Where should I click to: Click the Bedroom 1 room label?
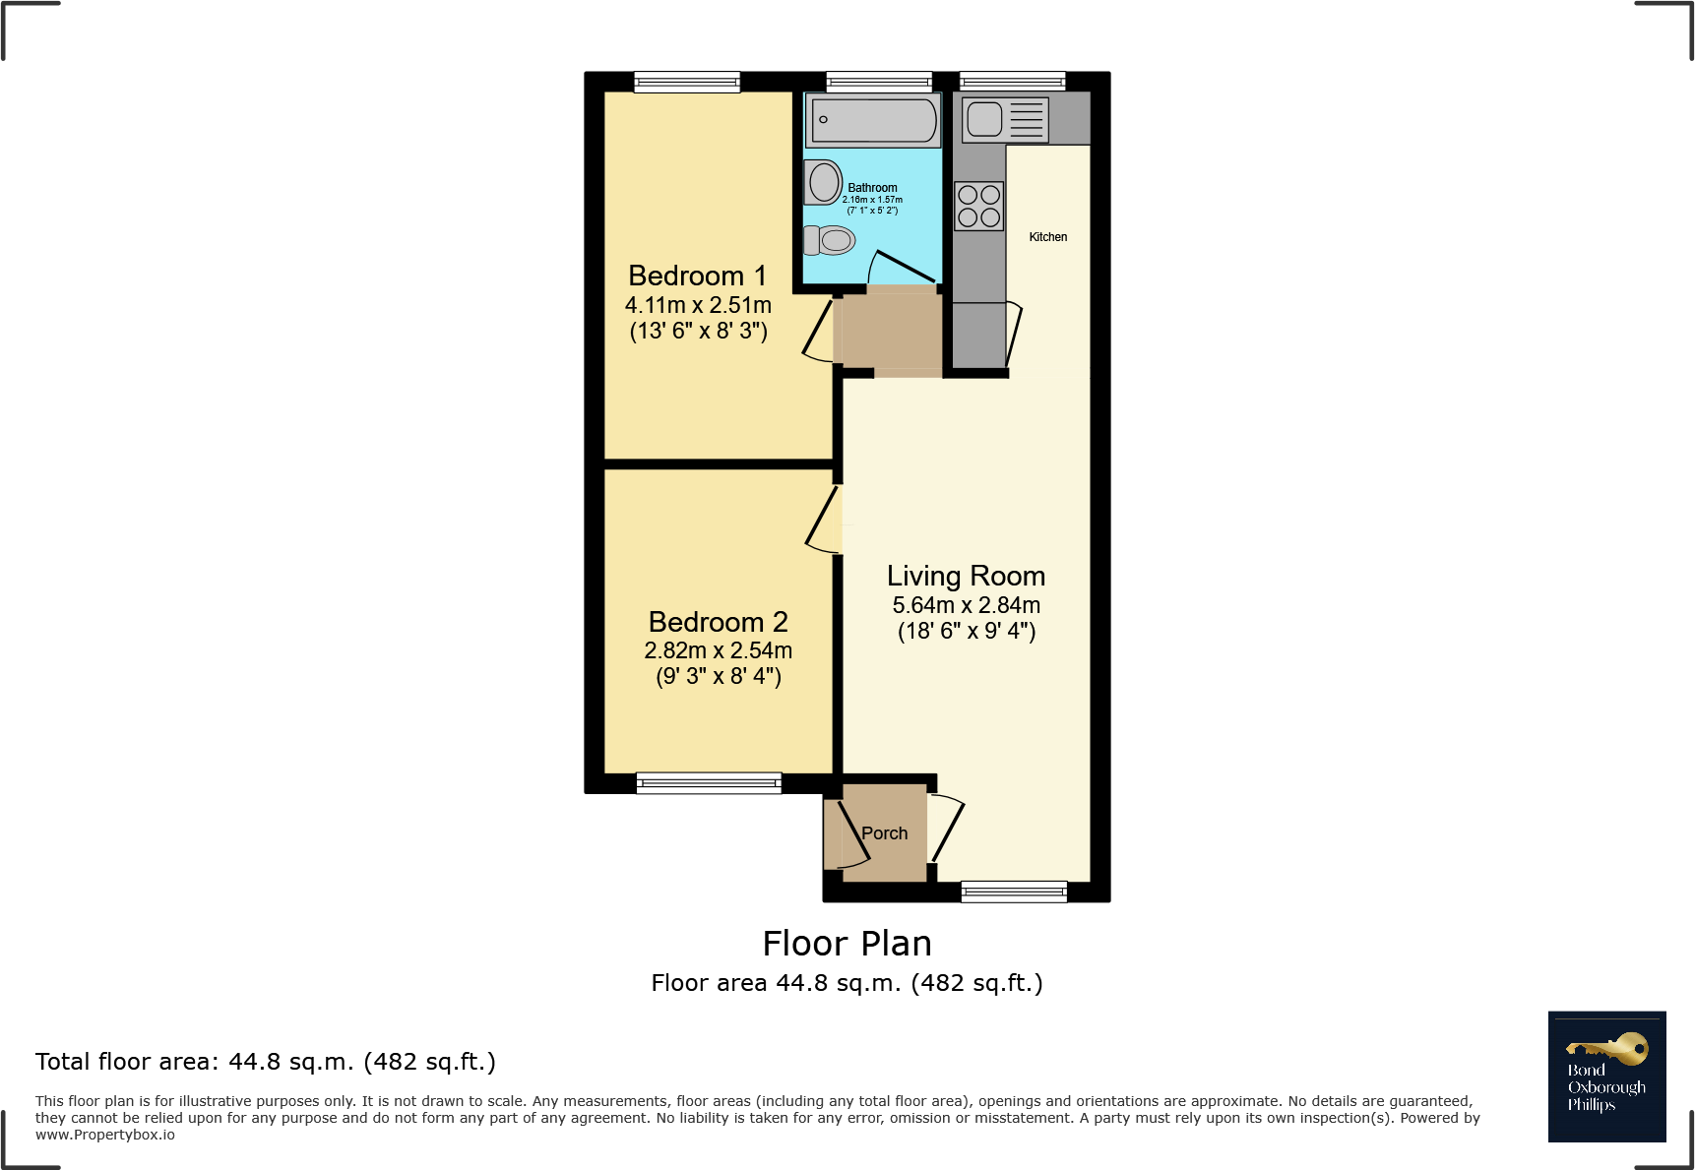697,276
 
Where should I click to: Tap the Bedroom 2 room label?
718,622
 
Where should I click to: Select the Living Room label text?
966,576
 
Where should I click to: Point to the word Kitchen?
1047,237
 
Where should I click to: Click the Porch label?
884,833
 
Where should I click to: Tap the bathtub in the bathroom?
873,120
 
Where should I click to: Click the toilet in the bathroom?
829,240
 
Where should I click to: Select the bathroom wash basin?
823,182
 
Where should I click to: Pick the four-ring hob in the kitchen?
978,206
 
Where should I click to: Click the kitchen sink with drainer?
1005,120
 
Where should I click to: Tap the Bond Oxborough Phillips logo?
1606,1077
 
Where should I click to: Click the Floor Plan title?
847,944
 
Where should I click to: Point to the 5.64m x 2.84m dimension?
966,605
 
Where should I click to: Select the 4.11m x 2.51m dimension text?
698,305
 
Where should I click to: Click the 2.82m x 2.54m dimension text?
718,650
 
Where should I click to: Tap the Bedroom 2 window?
709,783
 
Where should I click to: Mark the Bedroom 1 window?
687,82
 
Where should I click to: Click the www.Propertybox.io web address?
105,1135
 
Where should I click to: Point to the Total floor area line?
266,1062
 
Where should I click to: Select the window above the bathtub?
879,82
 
